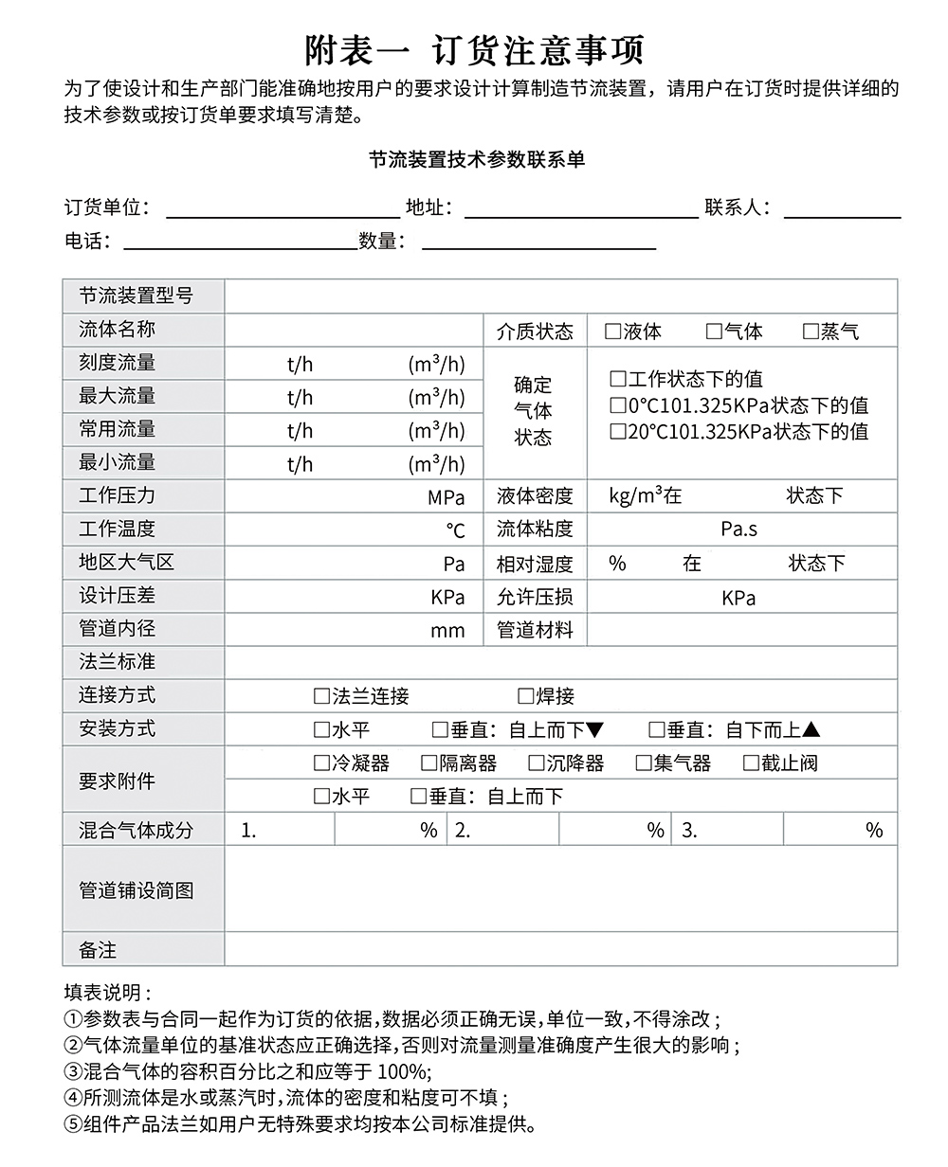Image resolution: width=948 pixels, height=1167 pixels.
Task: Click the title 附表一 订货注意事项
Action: (474, 48)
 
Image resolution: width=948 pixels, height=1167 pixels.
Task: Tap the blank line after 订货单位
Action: (283, 210)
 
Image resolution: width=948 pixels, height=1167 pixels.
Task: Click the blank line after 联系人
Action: (842, 210)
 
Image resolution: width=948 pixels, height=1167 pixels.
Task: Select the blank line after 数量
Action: (538, 242)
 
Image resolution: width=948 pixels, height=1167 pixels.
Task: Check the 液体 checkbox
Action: (613, 332)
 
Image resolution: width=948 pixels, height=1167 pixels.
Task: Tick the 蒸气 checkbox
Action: (811, 332)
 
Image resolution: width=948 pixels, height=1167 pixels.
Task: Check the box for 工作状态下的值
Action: (618, 379)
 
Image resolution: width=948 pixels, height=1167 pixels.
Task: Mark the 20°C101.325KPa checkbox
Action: (618, 432)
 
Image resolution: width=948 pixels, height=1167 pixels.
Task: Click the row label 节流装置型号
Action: (136, 296)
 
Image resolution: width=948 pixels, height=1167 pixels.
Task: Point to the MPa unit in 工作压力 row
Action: (446, 497)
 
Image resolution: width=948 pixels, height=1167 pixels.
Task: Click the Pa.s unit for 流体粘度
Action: (738, 529)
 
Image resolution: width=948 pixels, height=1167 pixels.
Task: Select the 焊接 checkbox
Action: (526, 697)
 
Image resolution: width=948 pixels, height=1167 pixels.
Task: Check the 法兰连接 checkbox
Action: (321, 697)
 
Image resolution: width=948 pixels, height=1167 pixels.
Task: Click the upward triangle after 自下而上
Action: (811, 730)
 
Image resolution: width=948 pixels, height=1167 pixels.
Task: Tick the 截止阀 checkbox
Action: (751, 763)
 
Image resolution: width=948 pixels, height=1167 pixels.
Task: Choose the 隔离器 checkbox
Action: (429, 763)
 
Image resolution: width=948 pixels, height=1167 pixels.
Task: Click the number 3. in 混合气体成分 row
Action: (689, 831)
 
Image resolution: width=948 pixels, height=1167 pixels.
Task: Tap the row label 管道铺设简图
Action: (136, 890)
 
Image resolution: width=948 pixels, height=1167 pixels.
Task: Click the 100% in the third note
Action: (403, 1072)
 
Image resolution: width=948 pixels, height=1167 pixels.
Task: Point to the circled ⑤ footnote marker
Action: (73, 1126)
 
